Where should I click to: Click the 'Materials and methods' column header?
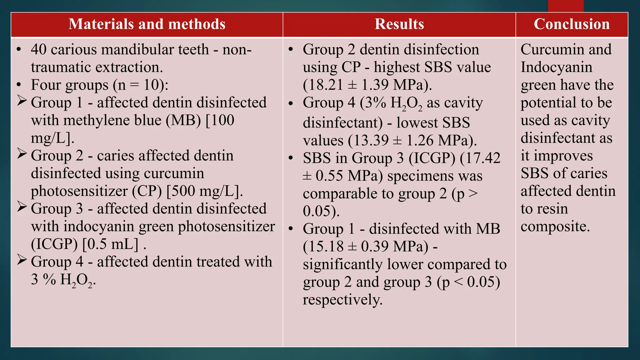[147, 24]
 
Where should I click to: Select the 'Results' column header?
[399, 24]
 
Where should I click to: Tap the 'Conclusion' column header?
[572, 24]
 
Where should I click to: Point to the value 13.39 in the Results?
[368, 141]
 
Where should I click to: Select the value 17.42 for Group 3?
[482, 158]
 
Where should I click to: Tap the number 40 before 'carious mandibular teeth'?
[39, 50]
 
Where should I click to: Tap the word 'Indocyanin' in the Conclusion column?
[556, 67]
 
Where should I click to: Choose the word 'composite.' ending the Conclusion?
[555, 227]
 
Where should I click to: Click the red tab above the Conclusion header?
[566, 6]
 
